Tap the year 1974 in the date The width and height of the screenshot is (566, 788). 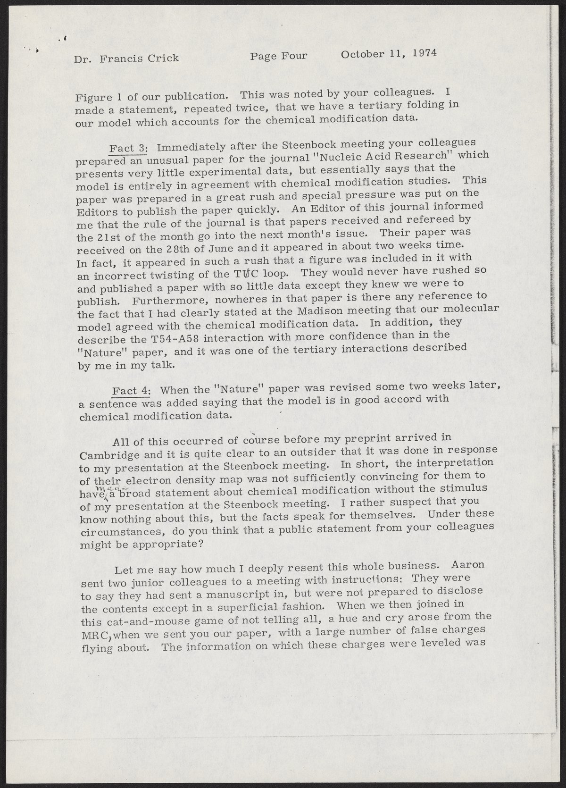coord(424,52)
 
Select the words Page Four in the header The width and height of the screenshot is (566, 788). coord(278,56)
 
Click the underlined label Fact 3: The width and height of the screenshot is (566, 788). coord(129,147)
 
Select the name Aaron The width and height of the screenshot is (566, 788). coord(468,565)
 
